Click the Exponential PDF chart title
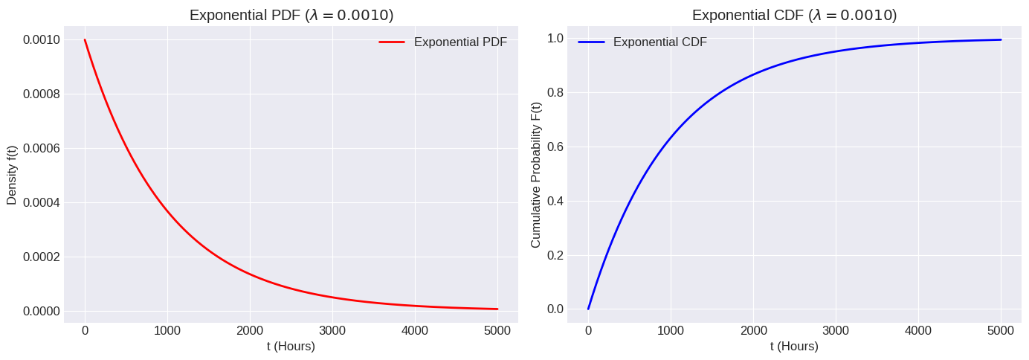[x=291, y=15]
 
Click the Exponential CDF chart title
[x=794, y=15]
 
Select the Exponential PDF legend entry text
[x=460, y=42]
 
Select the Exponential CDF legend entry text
[x=659, y=42]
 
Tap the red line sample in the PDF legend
[x=392, y=42]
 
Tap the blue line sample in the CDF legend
[x=591, y=42]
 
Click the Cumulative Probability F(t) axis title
[x=536, y=174]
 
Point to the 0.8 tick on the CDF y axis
[x=555, y=93]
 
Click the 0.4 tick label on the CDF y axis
[x=555, y=201]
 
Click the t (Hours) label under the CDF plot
[x=794, y=347]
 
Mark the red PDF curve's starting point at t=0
[x=85, y=40]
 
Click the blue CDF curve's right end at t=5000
[x=1001, y=40]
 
